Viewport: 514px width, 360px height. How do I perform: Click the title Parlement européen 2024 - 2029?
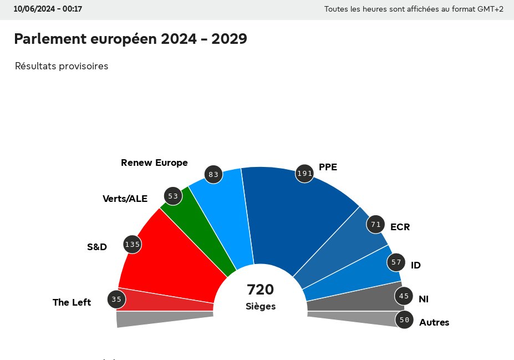(130, 39)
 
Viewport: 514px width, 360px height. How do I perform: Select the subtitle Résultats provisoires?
(62, 67)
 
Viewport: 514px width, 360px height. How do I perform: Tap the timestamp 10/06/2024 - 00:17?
(48, 9)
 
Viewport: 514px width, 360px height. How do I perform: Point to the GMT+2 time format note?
(414, 9)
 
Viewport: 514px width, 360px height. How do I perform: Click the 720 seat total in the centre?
(260, 290)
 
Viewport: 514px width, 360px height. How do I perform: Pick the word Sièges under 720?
(260, 306)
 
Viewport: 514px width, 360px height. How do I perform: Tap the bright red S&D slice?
(166, 261)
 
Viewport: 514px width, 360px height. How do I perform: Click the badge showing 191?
(304, 174)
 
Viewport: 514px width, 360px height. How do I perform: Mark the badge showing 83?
(213, 175)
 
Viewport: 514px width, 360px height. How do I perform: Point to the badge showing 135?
(132, 244)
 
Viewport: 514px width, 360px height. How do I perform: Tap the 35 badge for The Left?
(116, 300)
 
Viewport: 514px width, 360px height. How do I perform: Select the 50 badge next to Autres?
(404, 320)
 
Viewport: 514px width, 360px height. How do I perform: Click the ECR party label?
(400, 227)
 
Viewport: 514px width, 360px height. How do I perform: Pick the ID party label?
(415, 265)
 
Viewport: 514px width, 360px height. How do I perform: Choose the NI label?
(423, 299)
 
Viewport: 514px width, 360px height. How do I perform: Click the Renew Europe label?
(154, 163)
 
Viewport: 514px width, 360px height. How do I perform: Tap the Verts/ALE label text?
(125, 199)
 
